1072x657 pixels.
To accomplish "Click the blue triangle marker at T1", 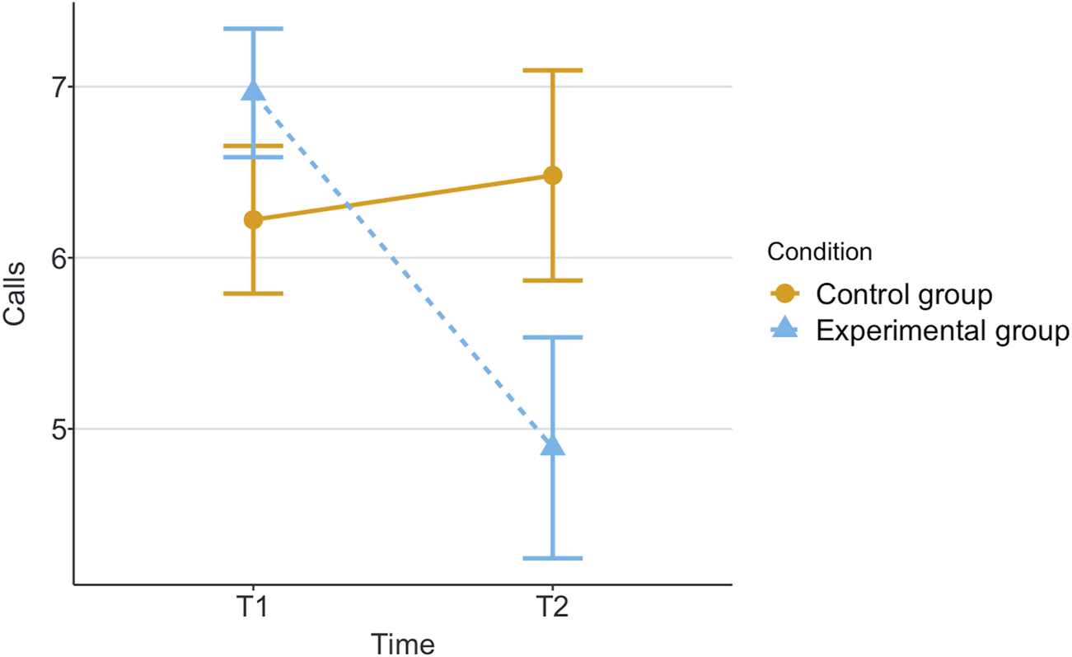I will point(253,91).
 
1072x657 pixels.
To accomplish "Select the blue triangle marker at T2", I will point(553,446).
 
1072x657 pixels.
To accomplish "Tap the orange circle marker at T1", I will point(253,219).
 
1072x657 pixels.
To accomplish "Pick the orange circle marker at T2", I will point(553,176).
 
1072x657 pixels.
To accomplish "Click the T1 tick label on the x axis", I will point(253,609).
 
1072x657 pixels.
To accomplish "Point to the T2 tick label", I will point(553,609).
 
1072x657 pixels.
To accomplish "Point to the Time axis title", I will point(402,643).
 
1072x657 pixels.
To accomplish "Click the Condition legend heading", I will point(819,251).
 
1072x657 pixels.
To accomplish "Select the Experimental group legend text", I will point(942,331).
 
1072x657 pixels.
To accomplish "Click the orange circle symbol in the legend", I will point(785,293).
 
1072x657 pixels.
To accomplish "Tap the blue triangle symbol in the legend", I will point(785,330).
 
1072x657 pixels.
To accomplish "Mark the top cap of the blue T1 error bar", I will point(253,29).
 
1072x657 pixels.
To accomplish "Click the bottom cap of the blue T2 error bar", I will point(553,558).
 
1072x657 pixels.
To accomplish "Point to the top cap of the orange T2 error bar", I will point(553,71).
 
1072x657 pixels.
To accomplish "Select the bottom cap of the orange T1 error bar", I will point(253,293).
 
